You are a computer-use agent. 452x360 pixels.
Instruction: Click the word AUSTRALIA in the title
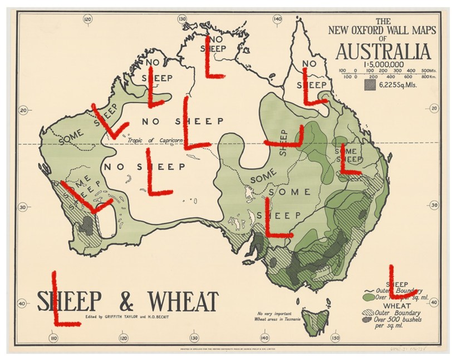click(383, 53)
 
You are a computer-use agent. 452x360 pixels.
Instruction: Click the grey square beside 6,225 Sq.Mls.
click(369, 85)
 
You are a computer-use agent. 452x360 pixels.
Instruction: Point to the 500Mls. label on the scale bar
click(428, 71)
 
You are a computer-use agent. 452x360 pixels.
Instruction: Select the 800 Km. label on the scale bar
click(428, 77)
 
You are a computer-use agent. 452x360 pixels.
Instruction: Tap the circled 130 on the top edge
click(182, 19)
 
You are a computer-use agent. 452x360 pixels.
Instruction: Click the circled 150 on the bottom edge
click(335, 338)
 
